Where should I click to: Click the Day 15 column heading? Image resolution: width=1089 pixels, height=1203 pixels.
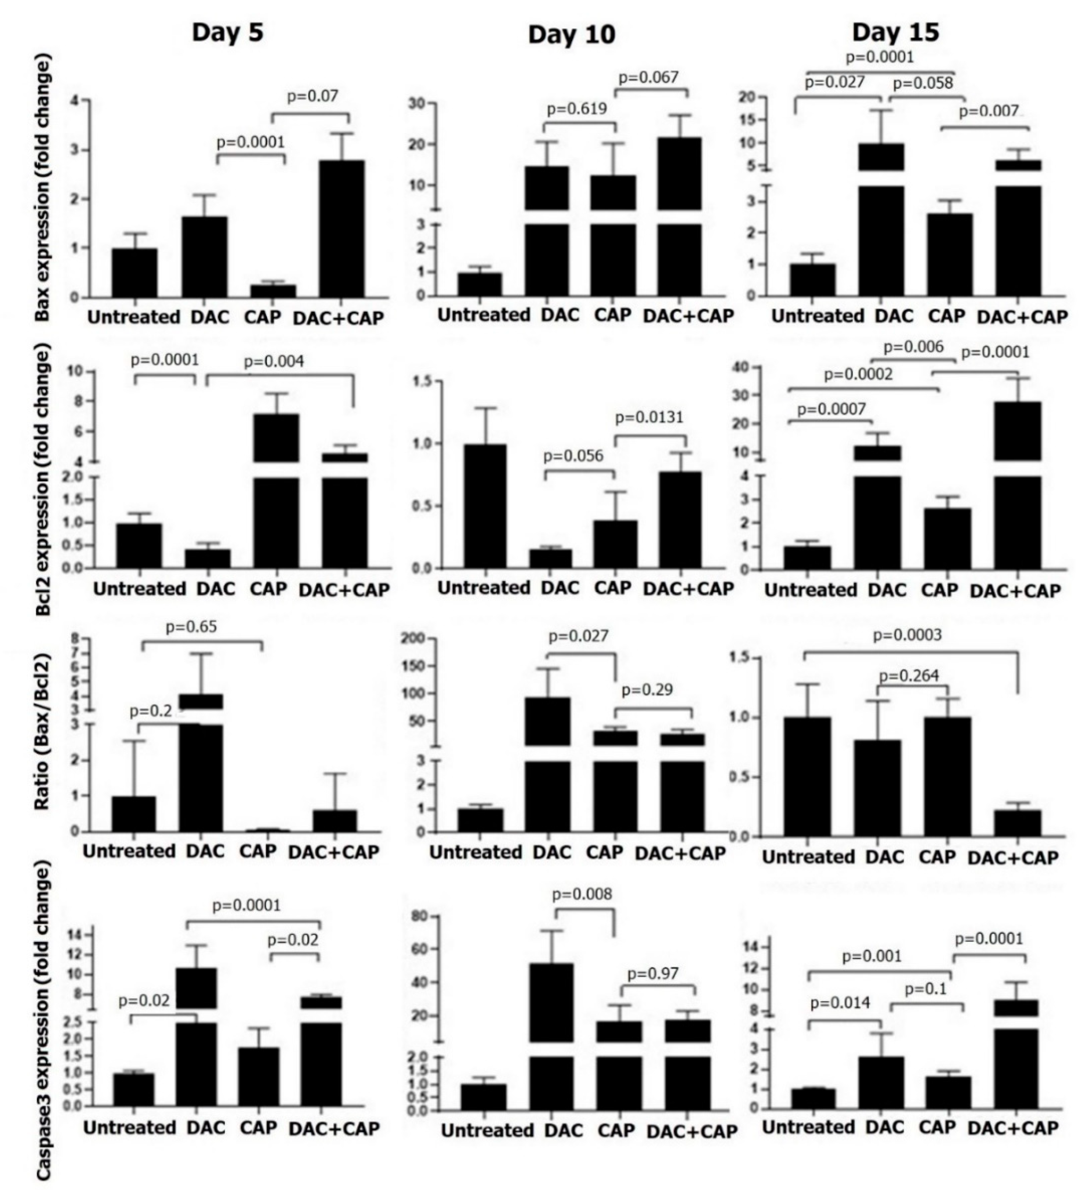pyautogui.click(x=895, y=32)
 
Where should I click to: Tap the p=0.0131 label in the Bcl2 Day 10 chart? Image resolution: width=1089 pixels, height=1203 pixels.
pyautogui.click(x=649, y=417)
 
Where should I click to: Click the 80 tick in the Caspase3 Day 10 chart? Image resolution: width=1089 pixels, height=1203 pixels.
pyautogui.click(x=418, y=916)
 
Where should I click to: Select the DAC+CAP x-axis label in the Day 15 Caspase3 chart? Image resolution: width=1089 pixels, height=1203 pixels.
pyautogui.click(x=1013, y=1128)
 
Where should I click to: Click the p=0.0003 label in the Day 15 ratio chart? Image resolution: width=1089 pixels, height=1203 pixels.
pyautogui.click(x=907, y=635)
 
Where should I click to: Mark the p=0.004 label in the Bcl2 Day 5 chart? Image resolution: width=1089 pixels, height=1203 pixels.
pyautogui.click(x=274, y=361)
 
